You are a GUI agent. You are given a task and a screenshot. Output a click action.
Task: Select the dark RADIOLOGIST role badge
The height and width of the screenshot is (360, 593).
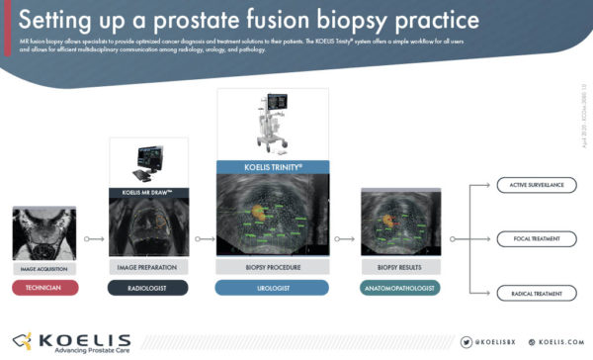[146, 287]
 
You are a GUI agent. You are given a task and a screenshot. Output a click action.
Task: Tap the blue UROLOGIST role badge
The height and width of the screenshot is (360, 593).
[271, 287]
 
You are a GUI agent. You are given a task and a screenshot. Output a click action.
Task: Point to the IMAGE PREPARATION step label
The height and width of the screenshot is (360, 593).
[146, 268]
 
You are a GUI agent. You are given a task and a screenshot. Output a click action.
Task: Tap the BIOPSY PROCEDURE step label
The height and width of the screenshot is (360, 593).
[271, 268]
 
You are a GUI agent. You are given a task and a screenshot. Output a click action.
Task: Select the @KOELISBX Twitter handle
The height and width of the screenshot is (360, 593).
[488, 342]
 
